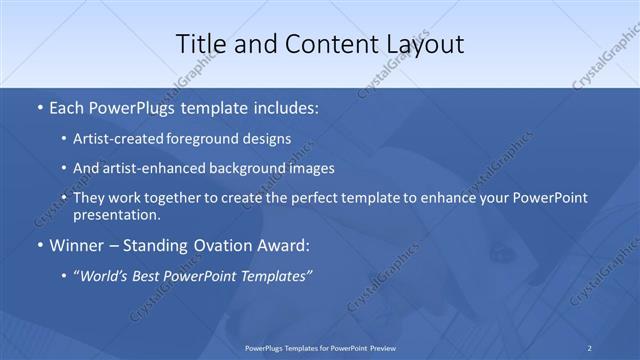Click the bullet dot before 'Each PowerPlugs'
[38, 106]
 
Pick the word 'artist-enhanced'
[153, 168]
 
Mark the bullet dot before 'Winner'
[38, 245]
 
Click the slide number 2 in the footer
[590, 347]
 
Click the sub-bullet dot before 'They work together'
[65, 198]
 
